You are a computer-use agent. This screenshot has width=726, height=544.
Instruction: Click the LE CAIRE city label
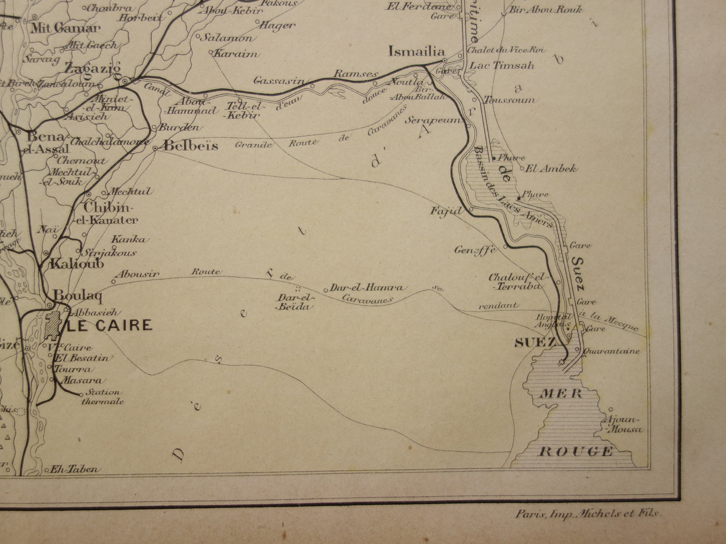pos(110,325)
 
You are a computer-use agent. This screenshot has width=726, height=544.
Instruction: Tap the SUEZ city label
pos(535,343)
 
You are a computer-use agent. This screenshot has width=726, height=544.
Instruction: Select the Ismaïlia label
pos(417,51)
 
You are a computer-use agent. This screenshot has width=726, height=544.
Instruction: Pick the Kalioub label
pos(77,263)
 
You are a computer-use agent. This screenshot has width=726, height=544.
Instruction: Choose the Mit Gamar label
pos(62,28)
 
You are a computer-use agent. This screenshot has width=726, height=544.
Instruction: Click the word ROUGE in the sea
pos(576,451)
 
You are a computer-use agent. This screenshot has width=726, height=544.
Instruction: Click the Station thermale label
pos(102,397)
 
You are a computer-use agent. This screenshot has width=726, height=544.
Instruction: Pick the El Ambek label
pos(551,169)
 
